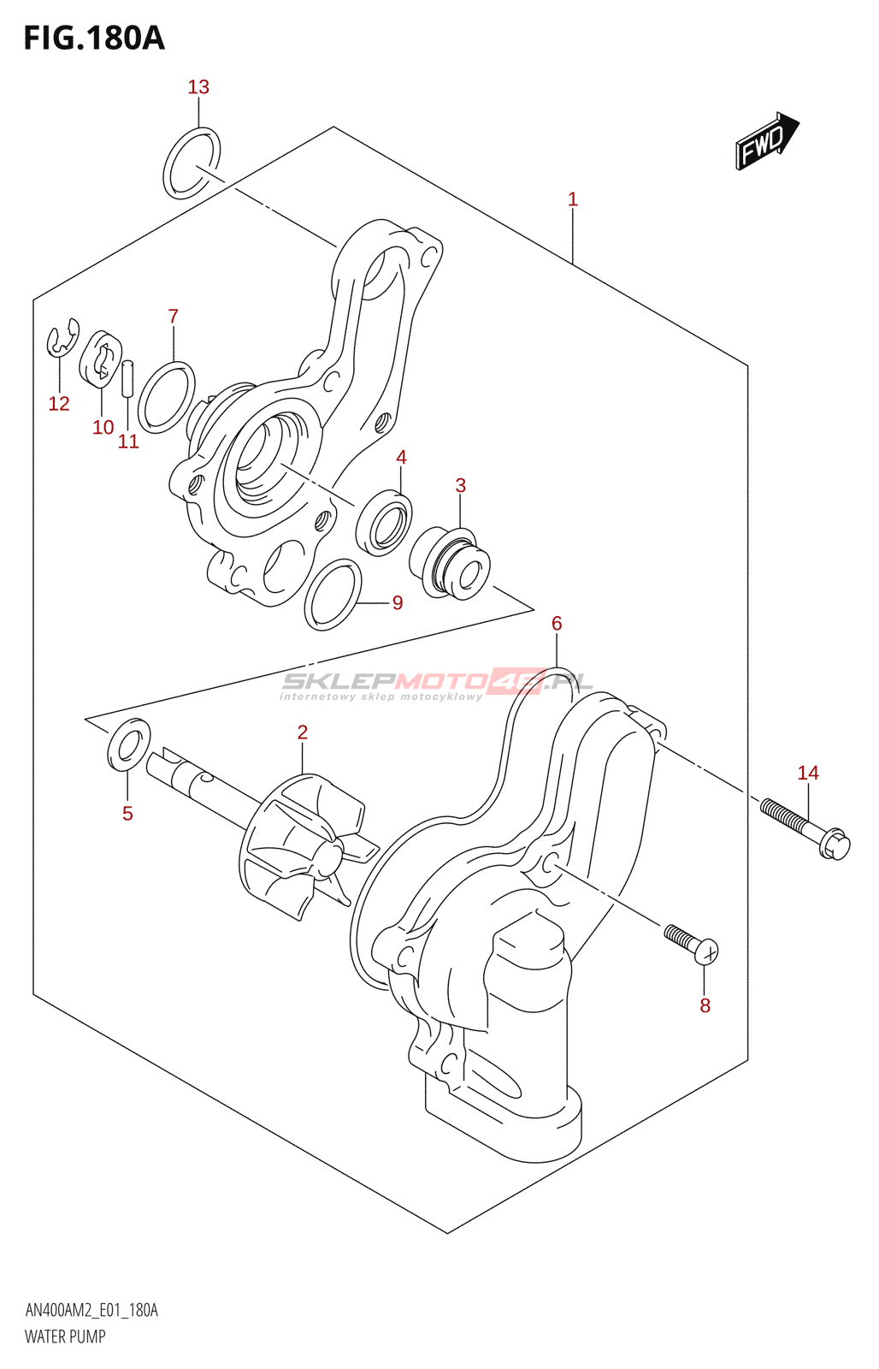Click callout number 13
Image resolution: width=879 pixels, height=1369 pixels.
point(198,87)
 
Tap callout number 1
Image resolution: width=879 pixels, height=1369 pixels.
point(572,199)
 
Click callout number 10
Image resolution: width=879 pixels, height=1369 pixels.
point(103,427)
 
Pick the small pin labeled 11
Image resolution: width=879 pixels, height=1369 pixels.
point(128,379)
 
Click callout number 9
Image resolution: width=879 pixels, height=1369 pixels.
point(398,603)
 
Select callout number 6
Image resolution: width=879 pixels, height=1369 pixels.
point(557,624)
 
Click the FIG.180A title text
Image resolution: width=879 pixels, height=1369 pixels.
point(94,38)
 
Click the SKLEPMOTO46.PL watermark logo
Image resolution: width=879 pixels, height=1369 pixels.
point(437,684)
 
